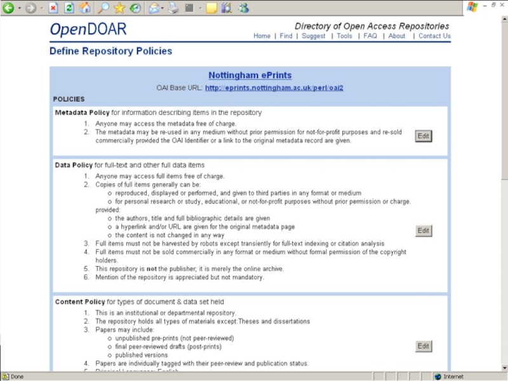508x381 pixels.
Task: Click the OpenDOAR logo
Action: pos(88,29)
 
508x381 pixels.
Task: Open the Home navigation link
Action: pos(262,36)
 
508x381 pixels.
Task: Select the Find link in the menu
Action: pos(286,36)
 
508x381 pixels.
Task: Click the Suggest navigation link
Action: pos(314,36)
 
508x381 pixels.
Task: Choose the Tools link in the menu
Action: pos(344,36)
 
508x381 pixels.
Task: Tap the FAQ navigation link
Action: pos(370,36)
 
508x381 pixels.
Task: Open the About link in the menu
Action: pos(397,36)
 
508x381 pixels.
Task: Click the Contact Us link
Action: pos(434,36)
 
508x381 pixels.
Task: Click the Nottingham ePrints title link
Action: pos(250,76)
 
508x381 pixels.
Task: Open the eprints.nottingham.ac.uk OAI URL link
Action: pos(274,88)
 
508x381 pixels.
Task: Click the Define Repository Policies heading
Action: pos(110,51)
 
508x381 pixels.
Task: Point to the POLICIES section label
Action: pos(69,100)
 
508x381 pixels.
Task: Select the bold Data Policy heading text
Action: pos(74,165)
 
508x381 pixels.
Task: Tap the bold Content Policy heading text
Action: pos(80,302)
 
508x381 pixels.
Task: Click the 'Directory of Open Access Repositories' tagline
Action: pos(371,26)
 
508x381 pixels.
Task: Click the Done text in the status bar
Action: pos(17,377)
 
